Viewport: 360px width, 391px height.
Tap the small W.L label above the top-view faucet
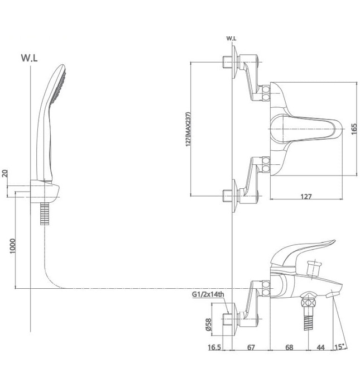tap(231, 39)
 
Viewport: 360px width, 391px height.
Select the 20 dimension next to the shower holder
tap(5, 174)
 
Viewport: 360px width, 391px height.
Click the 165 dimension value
tap(354, 128)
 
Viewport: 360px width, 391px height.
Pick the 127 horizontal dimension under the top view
tap(304, 196)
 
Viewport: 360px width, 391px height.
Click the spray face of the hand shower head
tap(58, 87)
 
